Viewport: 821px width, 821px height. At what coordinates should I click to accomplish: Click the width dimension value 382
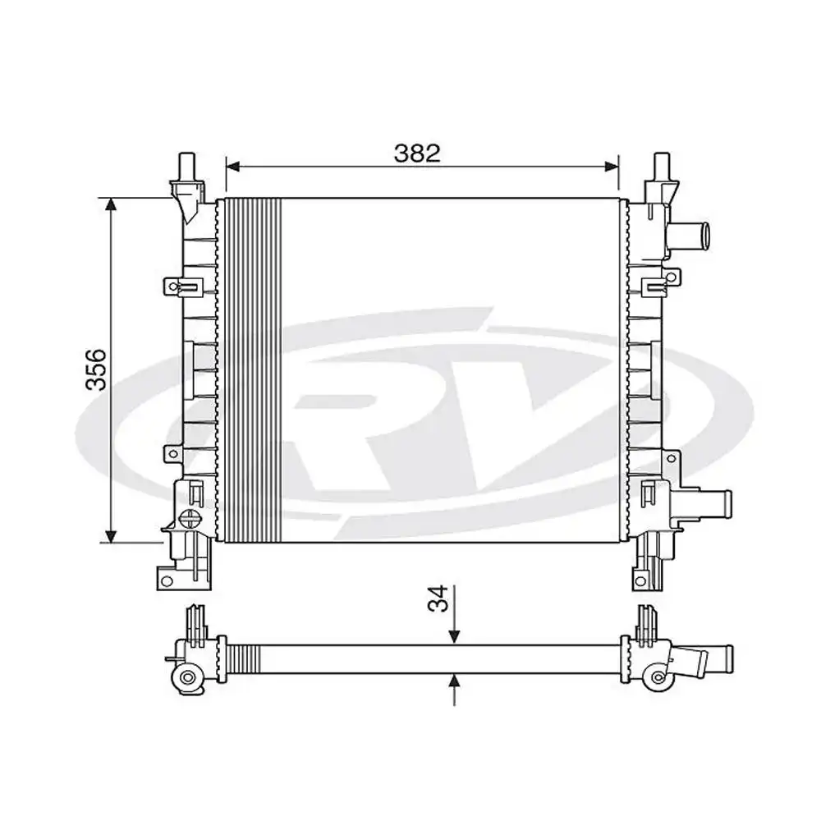pos(417,153)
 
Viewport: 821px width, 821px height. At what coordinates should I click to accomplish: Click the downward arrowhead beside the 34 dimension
pos(454,636)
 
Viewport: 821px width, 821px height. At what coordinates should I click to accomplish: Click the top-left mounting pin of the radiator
pos(186,164)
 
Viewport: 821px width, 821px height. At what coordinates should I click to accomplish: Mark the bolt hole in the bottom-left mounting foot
pos(167,581)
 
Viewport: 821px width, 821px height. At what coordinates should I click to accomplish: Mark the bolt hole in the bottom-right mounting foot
pos(640,581)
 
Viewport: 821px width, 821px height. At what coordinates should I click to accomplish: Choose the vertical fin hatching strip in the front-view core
pos(253,369)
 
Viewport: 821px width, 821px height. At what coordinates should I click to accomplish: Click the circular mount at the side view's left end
pos(188,677)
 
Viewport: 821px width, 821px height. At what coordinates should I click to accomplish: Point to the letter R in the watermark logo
pos(345,427)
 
